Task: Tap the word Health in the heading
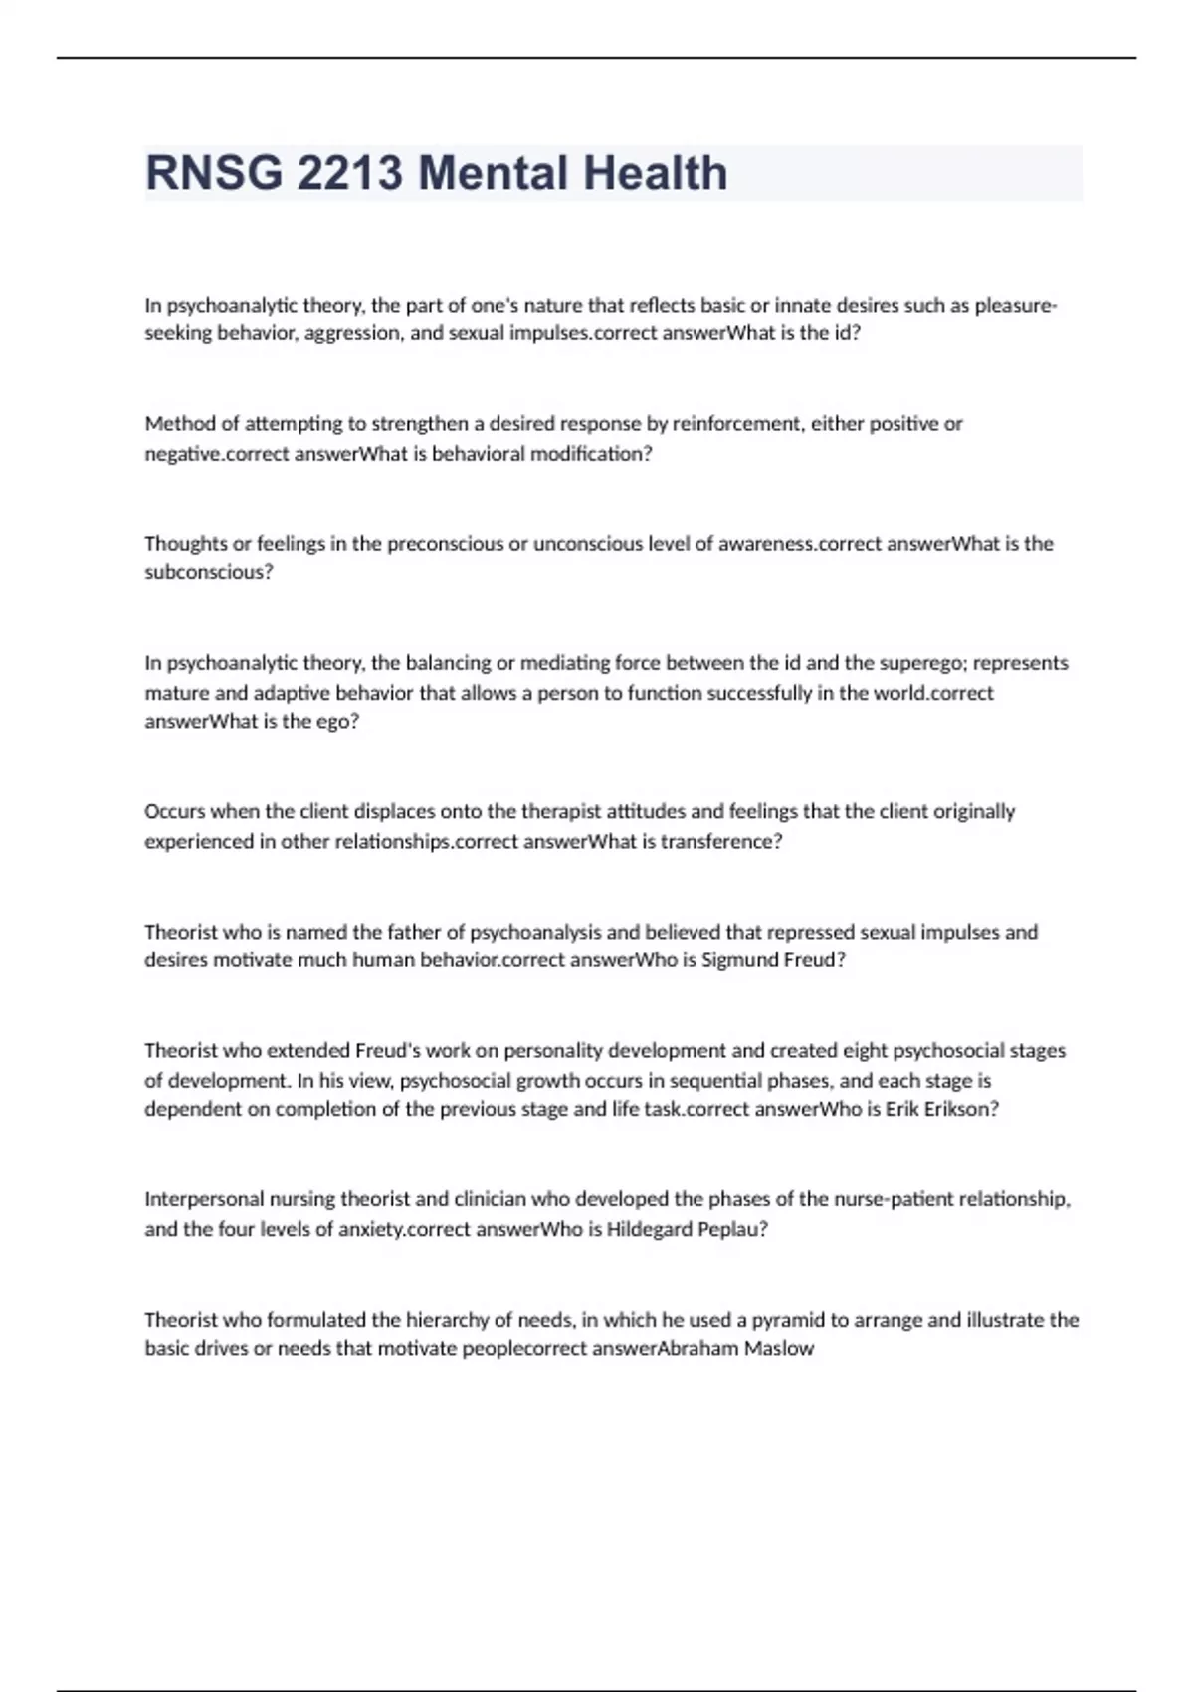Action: tap(656, 173)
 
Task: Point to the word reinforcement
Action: tap(737, 424)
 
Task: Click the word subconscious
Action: tap(208, 572)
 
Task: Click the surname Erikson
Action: tap(962, 1109)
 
